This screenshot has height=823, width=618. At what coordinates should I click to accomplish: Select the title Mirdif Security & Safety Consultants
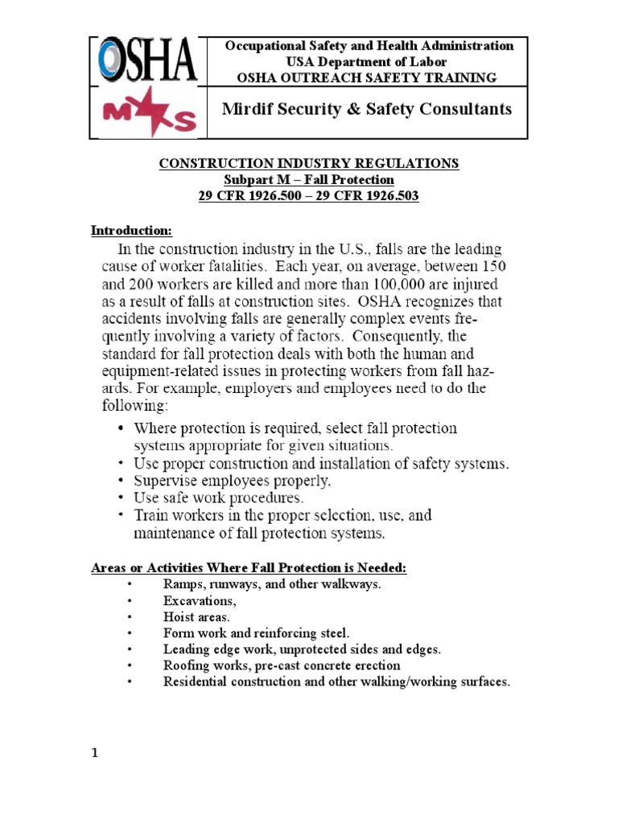point(366,109)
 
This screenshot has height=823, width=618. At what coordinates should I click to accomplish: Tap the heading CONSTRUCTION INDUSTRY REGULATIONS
point(309,163)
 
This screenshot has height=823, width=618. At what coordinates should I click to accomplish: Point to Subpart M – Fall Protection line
point(309,179)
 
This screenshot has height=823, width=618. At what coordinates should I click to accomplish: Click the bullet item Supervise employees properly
point(233,481)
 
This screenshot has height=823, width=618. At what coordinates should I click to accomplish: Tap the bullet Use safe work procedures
point(218,497)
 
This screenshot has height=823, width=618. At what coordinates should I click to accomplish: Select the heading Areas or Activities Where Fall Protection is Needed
point(249,568)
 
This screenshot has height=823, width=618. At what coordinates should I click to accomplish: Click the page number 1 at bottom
point(94,753)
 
